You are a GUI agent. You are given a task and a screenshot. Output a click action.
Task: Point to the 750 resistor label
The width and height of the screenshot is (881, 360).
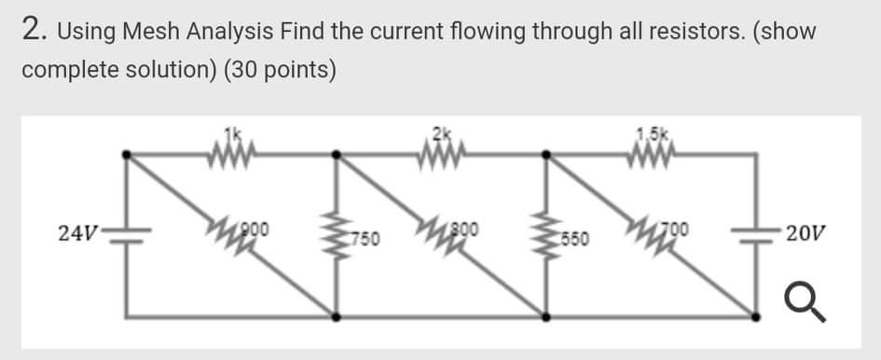pyautogui.click(x=365, y=240)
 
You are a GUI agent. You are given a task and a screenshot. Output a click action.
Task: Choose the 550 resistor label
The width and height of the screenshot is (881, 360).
pyautogui.click(x=575, y=240)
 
